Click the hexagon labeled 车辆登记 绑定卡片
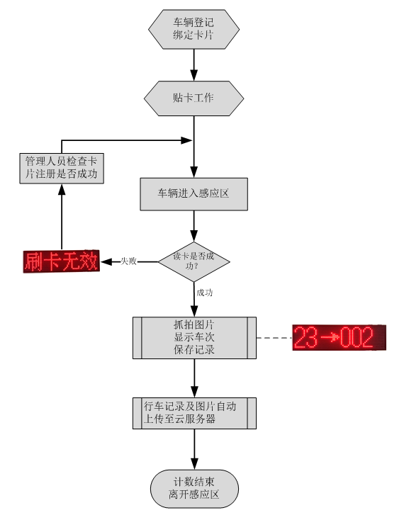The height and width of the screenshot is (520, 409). point(194,29)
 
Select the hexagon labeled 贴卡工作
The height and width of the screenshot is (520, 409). point(194,98)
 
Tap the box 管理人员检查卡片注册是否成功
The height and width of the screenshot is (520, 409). point(62,168)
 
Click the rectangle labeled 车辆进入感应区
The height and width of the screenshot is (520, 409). point(194,194)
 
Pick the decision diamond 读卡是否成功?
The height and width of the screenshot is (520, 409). point(194,261)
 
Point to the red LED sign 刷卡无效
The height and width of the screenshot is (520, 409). point(62,261)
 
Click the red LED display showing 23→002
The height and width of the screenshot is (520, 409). point(339,337)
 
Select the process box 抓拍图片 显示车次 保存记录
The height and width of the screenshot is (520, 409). point(194,338)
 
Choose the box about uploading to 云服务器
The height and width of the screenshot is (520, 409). point(194,413)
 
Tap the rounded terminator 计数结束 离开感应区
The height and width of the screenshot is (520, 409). point(194,489)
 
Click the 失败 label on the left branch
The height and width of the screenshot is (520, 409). point(129,261)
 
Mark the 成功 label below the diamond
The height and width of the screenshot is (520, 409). point(205,293)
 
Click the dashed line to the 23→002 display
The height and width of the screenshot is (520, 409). point(274,338)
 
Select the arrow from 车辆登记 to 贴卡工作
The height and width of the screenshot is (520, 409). point(194,65)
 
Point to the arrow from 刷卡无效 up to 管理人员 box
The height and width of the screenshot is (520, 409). point(62,217)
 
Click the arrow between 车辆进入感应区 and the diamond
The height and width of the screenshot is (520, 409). point(194,226)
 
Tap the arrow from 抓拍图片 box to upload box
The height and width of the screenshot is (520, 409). point(195,378)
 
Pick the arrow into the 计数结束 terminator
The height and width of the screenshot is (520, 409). point(195,449)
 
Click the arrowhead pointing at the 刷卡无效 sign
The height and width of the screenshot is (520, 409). point(106,261)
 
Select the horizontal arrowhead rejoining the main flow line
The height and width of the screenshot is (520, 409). point(186,140)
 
